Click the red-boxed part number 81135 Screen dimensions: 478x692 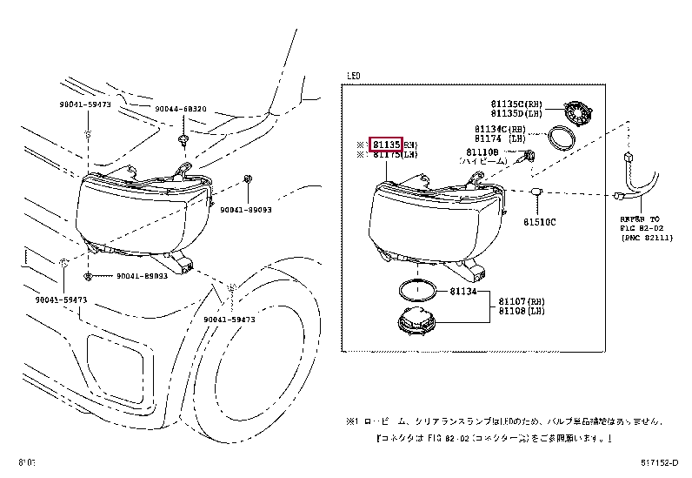pos(386,144)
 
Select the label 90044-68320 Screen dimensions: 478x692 pos(181,109)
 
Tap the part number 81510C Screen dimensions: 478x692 pos(540,221)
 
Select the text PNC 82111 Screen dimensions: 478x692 pos(649,237)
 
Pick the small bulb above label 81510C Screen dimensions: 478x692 pos(538,191)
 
